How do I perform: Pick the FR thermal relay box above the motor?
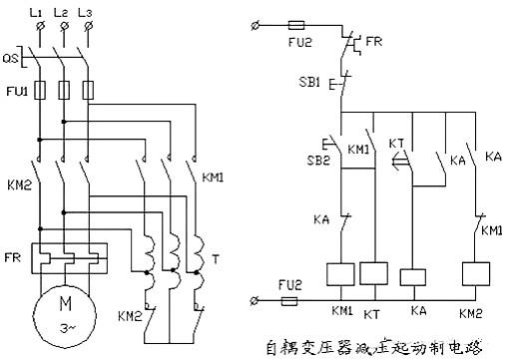(x=66, y=257)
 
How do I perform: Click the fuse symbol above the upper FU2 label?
(x=295, y=23)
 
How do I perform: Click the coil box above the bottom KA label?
(x=412, y=277)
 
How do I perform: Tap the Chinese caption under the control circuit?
(x=387, y=347)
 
